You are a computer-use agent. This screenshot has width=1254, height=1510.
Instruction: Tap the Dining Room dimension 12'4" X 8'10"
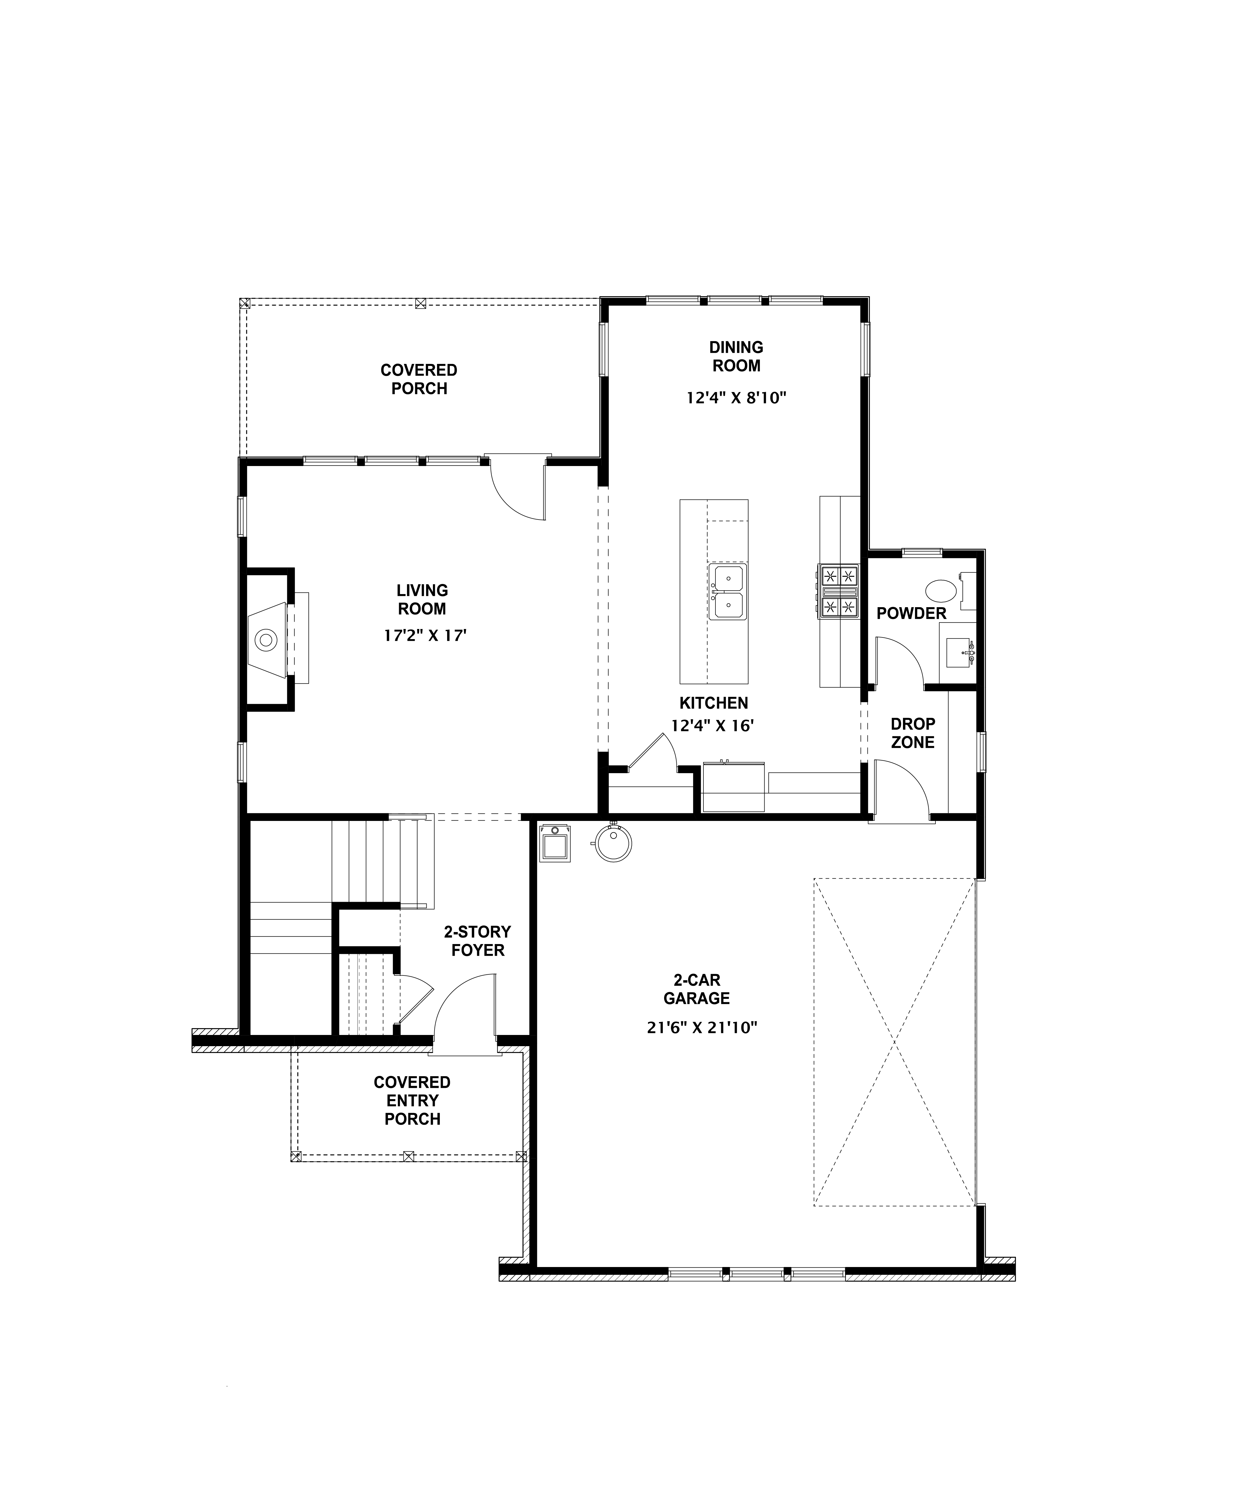[736, 397]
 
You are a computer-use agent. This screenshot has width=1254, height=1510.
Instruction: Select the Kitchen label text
[713, 702]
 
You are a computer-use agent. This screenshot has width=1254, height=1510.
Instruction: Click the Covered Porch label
[418, 379]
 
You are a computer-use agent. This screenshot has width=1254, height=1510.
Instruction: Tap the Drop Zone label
[913, 733]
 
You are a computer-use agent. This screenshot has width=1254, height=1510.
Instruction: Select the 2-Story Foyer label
[477, 941]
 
